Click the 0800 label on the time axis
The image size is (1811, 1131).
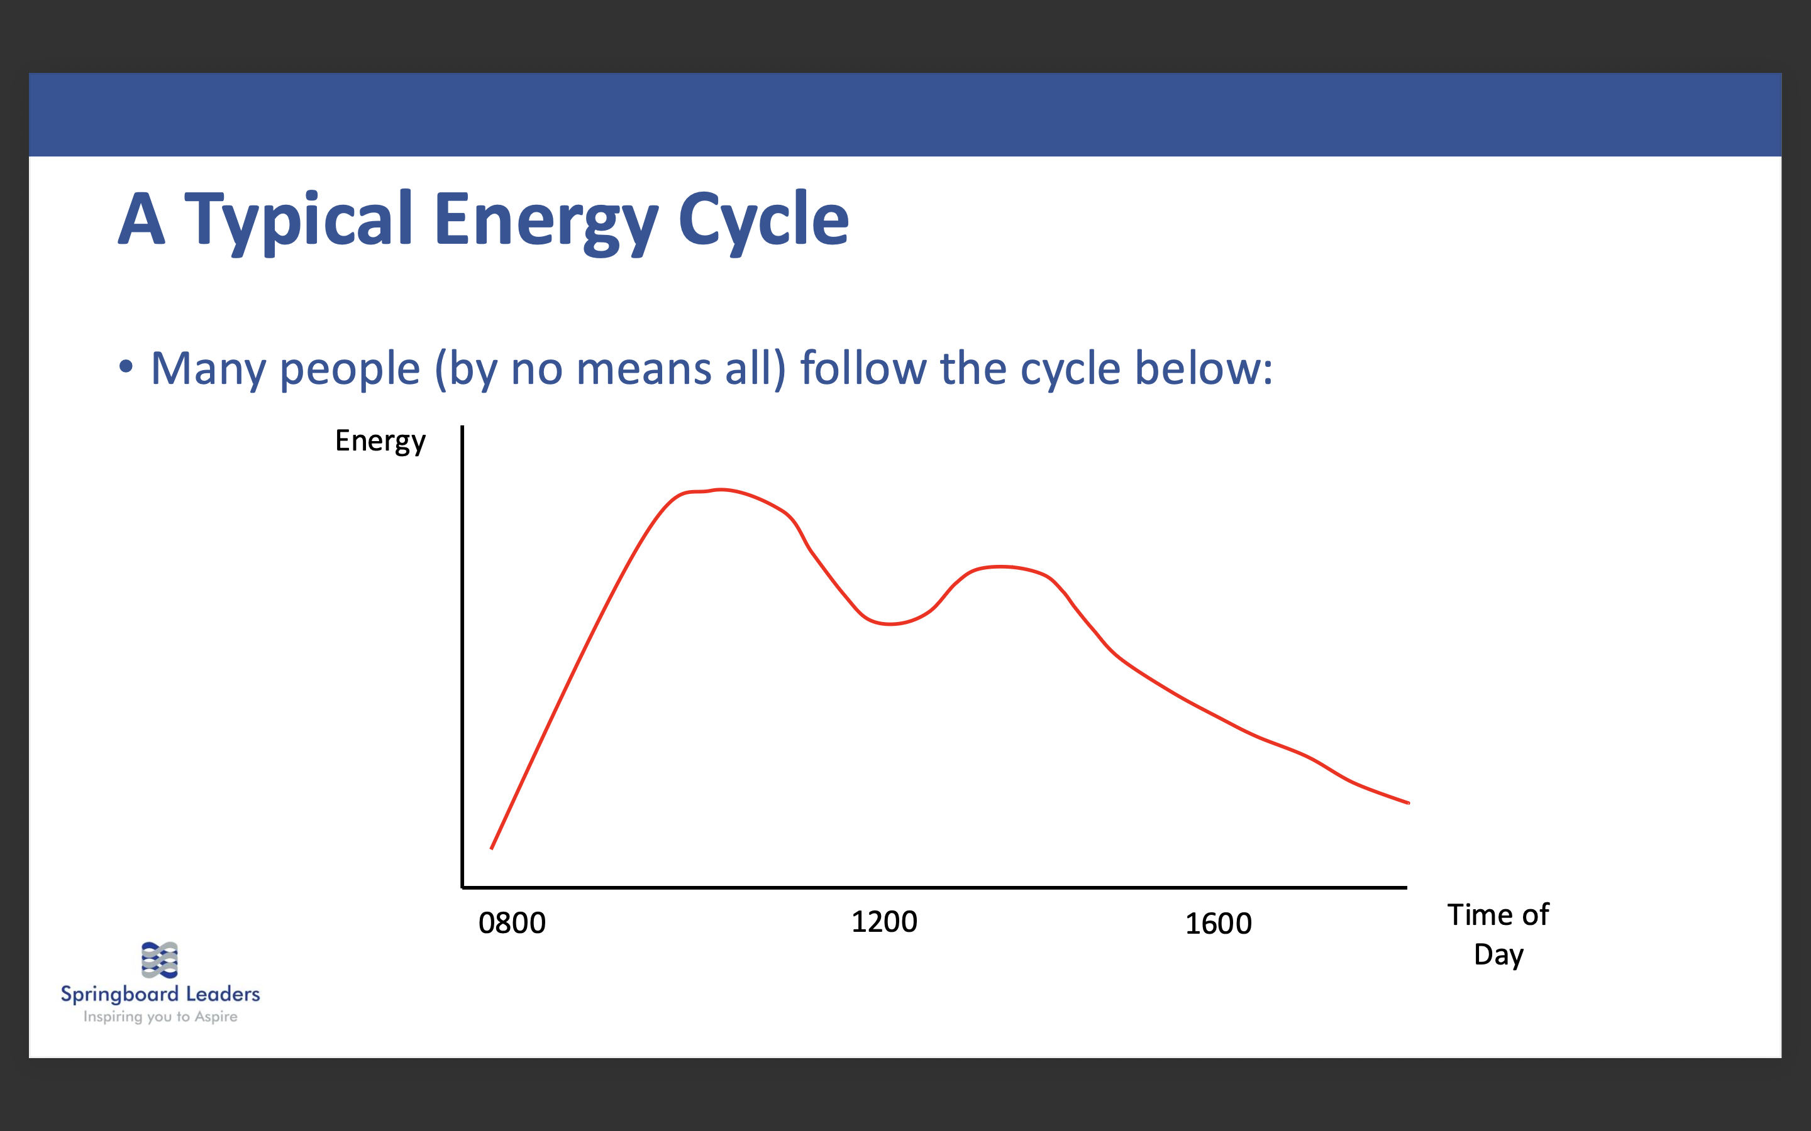pyautogui.click(x=512, y=923)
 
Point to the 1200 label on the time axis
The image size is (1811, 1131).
pyautogui.click(x=883, y=922)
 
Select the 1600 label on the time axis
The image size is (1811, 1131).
pyautogui.click(x=1217, y=924)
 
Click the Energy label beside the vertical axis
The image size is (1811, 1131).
pyautogui.click(x=380, y=441)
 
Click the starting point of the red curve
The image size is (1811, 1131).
pyautogui.click(x=492, y=848)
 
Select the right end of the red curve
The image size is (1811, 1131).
pyautogui.click(x=1409, y=802)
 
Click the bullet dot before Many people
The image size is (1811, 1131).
pyautogui.click(x=126, y=366)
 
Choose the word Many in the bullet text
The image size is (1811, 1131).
pyautogui.click(x=208, y=369)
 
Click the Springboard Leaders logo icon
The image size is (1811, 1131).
pyautogui.click(x=159, y=959)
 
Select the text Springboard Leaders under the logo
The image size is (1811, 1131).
pyautogui.click(x=160, y=994)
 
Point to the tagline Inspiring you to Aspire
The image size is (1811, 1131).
pyautogui.click(x=160, y=1017)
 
